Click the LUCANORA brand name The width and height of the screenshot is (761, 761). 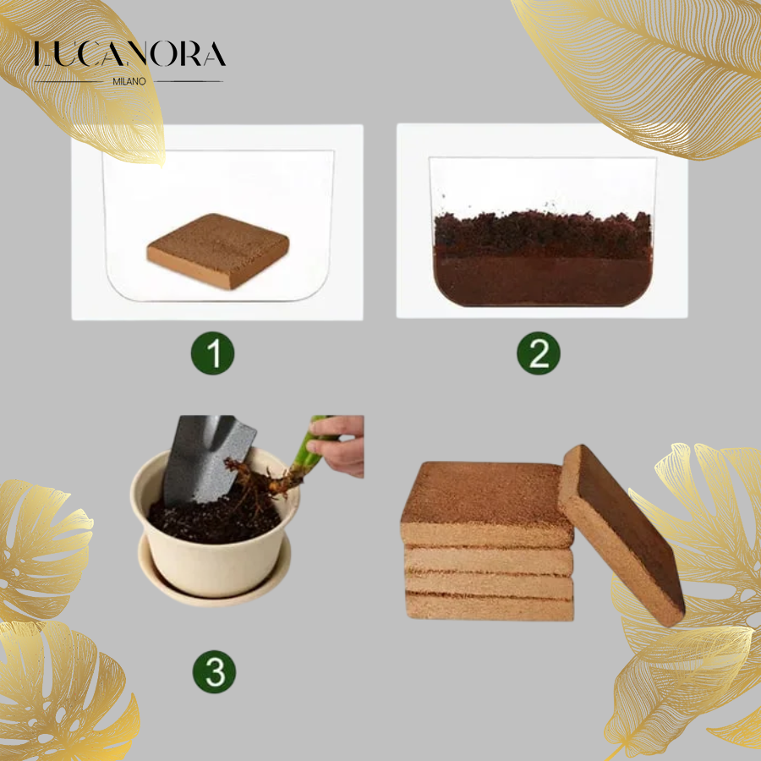click(129, 54)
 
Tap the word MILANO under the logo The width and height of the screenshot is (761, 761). click(129, 81)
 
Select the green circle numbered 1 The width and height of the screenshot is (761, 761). click(212, 353)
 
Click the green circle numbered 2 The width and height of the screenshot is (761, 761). click(539, 353)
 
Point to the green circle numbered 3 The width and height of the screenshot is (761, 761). click(215, 671)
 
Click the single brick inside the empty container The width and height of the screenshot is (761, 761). click(218, 250)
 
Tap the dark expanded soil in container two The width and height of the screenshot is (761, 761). click(542, 259)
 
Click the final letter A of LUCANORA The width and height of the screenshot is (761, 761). click(215, 54)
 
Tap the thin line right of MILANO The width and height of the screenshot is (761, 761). click(189, 81)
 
